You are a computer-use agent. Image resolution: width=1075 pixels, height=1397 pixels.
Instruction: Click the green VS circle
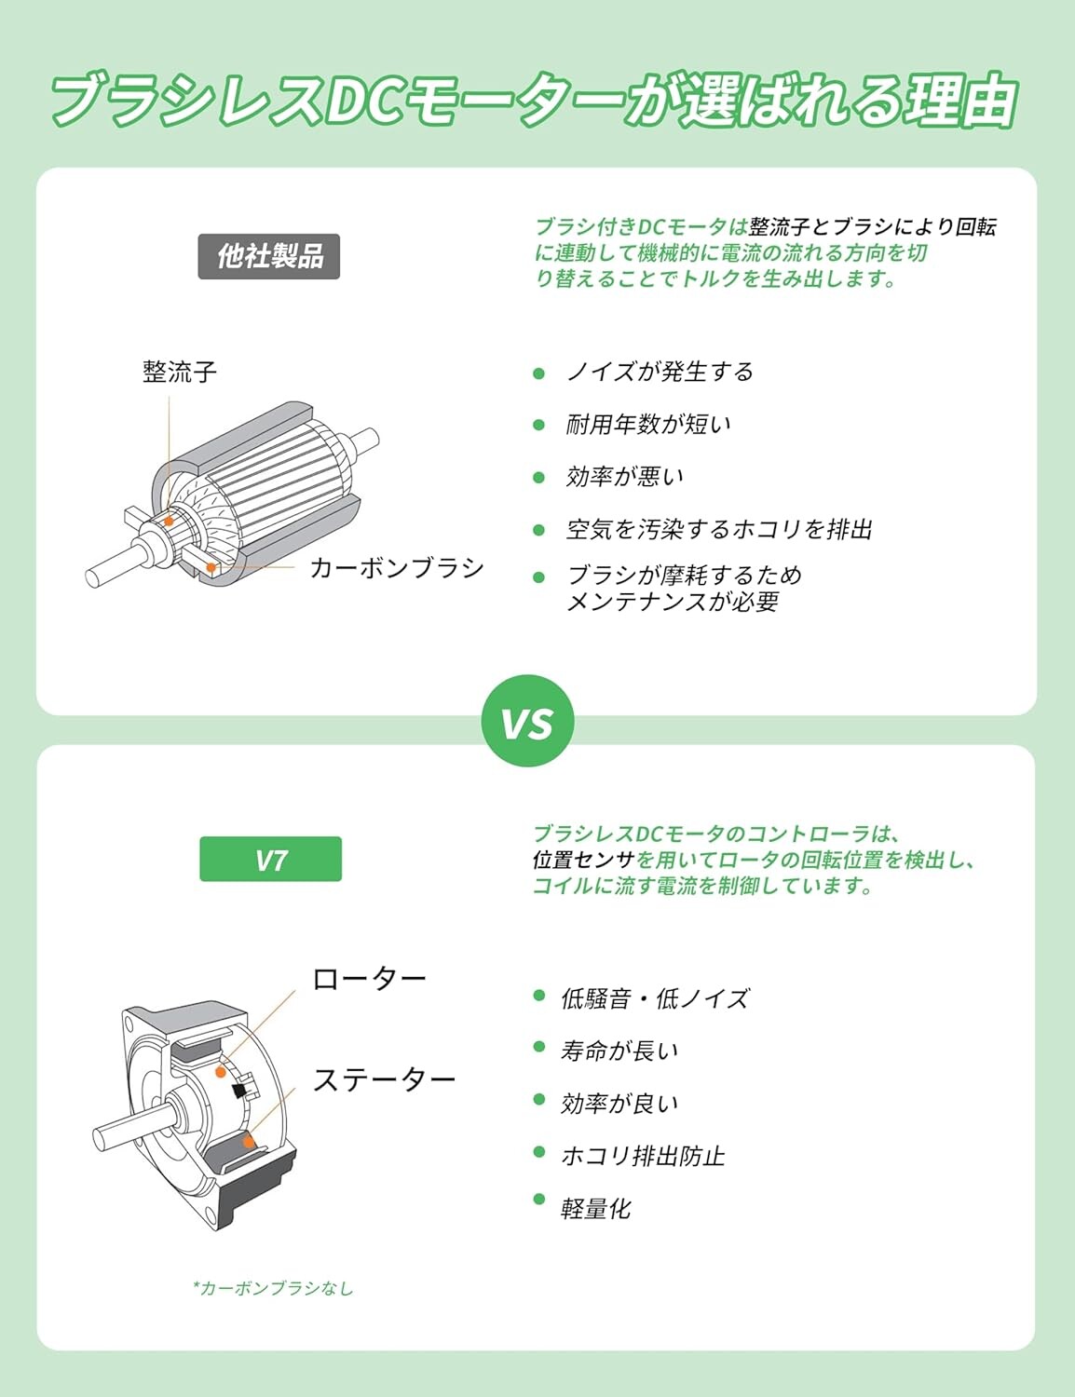click(x=527, y=721)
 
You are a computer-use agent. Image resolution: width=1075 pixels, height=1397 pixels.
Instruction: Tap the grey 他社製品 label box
click(x=268, y=256)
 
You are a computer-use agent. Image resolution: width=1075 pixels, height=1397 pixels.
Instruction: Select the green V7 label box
click(x=271, y=859)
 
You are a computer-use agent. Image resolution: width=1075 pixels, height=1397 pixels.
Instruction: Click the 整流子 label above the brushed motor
click(x=180, y=372)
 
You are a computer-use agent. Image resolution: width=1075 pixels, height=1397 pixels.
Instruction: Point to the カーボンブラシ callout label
click(x=397, y=568)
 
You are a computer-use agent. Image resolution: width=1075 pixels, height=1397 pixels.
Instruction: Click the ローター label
click(x=369, y=979)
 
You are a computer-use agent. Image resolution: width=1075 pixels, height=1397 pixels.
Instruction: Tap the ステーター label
click(x=384, y=1079)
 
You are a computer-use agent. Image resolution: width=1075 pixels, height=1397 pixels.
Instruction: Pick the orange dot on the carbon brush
click(x=211, y=567)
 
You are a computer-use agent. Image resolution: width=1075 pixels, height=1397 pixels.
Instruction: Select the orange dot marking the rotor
click(x=221, y=1072)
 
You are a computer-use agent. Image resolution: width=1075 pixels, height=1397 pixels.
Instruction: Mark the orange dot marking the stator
click(x=248, y=1142)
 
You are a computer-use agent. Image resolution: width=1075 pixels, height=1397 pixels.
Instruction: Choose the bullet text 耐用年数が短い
click(x=648, y=425)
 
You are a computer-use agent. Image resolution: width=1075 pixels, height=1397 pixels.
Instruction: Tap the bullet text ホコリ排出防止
click(x=643, y=1157)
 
